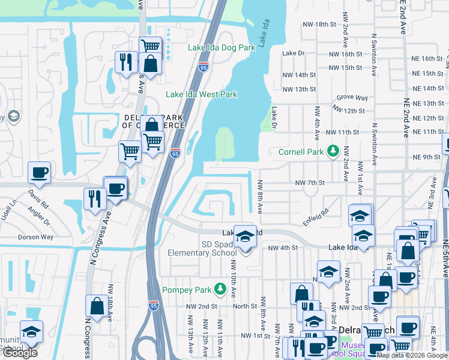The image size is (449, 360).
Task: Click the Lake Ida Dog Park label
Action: [217, 47]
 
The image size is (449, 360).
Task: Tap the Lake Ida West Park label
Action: [202, 94]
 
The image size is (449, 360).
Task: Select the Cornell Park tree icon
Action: [331, 152]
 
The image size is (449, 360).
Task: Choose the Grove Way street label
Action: [352, 97]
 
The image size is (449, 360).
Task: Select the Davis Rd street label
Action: [37, 198]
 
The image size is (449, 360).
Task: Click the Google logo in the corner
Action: [20, 353]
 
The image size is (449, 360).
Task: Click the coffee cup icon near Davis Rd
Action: [40, 172]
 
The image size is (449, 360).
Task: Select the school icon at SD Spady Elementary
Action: [244, 236]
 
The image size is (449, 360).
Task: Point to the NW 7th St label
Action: [310, 182]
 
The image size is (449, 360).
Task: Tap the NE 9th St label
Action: [427, 157]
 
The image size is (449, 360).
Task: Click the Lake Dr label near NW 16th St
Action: [294, 53]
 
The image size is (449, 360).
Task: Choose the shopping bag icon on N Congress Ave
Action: [97, 307]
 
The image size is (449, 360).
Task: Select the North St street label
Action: [245, 306]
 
